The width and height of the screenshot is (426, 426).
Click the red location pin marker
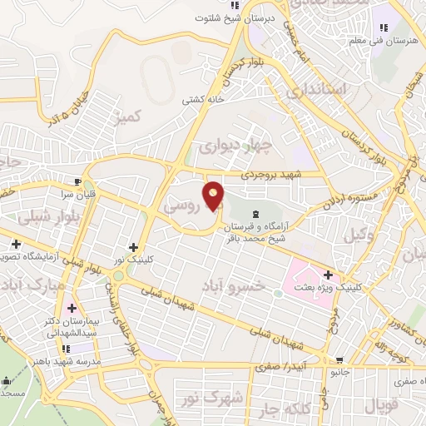point(214,196)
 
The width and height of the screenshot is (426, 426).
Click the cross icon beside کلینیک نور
point(133,247)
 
